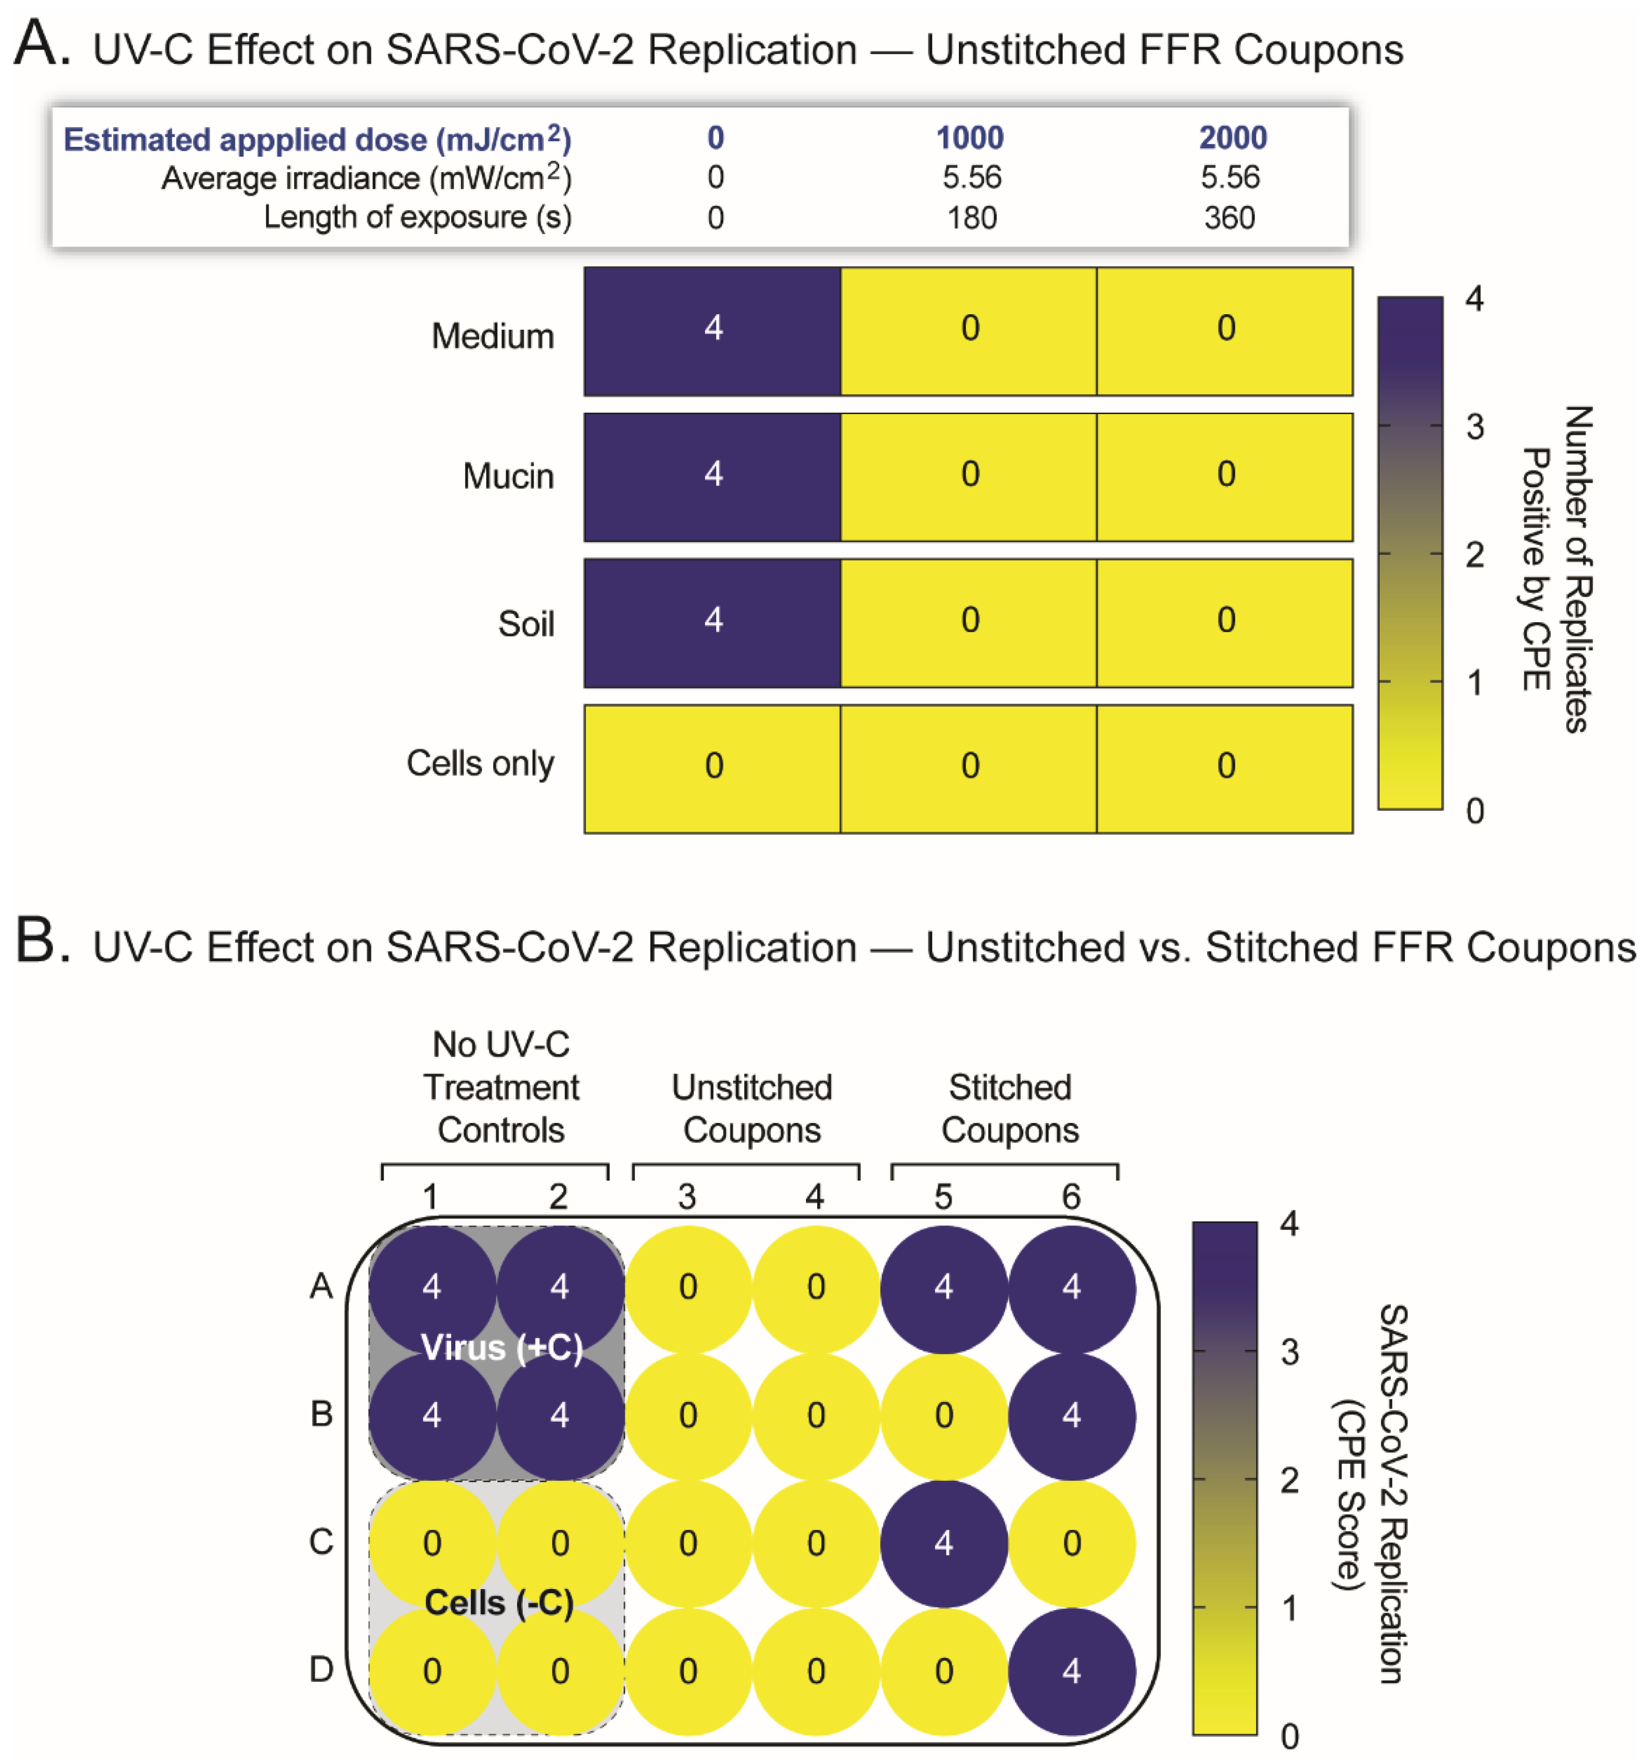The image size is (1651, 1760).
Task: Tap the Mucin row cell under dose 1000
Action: click(x=969, y=476)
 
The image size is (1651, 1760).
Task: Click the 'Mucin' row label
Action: click(x=508, y=476)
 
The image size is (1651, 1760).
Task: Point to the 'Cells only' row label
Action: click(x=480, y=763)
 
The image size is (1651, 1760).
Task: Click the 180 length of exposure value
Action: click(x=971, y=218)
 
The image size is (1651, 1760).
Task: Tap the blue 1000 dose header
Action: click(x=970, y=138)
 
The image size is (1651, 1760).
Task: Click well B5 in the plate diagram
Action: click(x=943, y=1415)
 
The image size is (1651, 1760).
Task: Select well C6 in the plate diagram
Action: click(x=1071, y=1543)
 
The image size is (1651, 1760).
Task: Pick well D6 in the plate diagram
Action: click(x=1071, y=1670)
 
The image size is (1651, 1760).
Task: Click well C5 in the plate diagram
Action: click(x=943, y=1543)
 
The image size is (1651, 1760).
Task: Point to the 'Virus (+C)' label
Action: click(x=501, y=1347)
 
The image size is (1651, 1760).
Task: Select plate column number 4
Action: click(x=815, y=1197)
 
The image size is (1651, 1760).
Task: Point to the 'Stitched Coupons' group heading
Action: click(x=1009, y=1108)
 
